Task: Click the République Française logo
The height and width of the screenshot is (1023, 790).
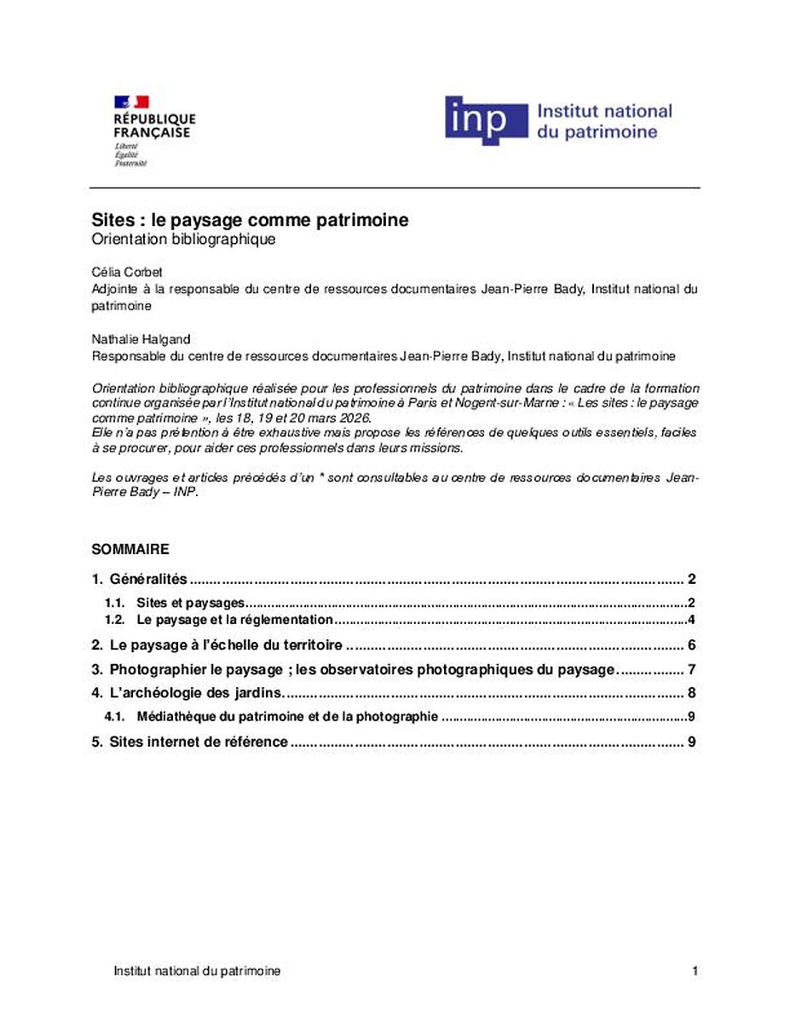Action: pyautogui.click(x=153, y=130)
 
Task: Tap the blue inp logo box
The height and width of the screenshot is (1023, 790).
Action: pyautogui.click(x=486, y=119)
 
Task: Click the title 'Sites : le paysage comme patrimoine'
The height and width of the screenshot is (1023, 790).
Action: pyautogui.click(x=250, y=220)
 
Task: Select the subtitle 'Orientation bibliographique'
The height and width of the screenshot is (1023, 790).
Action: pyautogui.click(x=183, y=240)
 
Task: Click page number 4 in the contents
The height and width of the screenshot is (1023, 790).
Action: pyautogui.click(x=693, y=620)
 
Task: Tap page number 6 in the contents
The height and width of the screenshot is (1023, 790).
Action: pyautogui.click(x=693, y=644)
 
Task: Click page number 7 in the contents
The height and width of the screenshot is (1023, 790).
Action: pyautogui.click(x=693, y=669)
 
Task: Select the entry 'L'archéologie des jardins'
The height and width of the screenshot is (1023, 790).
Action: pyautogui.click(x=195, y=692)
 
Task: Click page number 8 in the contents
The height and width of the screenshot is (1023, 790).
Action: pyautogui.click(x=693, y=692)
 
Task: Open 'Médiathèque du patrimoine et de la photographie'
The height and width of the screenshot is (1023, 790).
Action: pyautogui.click(x=286, y=717)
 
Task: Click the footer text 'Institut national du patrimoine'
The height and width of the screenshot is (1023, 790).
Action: pyautogui.click(x=197, y=971)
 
